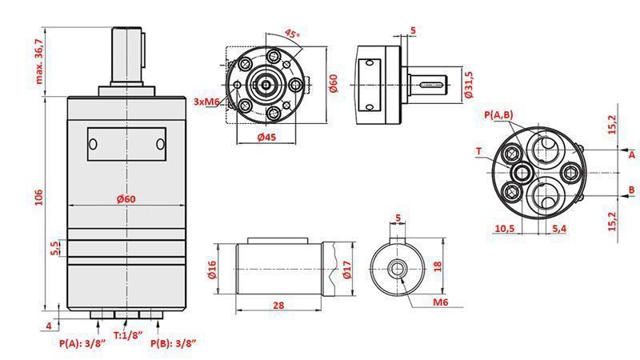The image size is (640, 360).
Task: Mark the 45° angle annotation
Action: point(292,34)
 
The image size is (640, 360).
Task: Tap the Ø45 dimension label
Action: point(267,138)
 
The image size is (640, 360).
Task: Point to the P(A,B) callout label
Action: point(498,115)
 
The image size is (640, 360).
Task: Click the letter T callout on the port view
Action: point(478,150)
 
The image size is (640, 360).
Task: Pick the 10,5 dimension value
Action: point(504,229)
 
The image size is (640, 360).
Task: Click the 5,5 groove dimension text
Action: point(54,248)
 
